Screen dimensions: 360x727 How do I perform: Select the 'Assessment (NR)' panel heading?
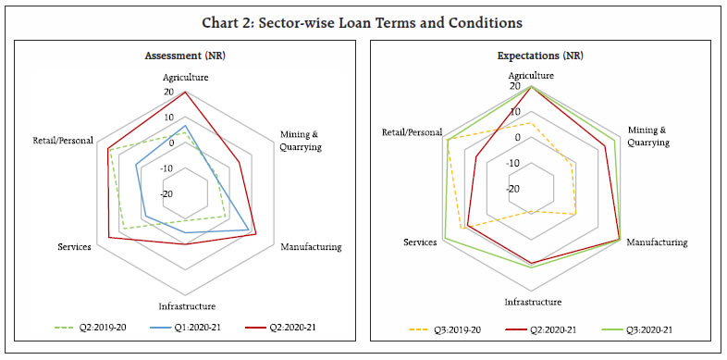tap(186, 56)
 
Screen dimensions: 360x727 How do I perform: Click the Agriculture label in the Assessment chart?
tap(186, 78)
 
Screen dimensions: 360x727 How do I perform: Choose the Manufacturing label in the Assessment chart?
tap(311, 247)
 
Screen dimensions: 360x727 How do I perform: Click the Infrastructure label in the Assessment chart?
tap(186, 306)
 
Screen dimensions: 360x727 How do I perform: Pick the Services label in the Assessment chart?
tap(74, 247)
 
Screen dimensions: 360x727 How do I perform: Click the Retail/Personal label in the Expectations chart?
tap(412, 132)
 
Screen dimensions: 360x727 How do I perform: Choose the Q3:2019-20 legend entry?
tap(440, 329)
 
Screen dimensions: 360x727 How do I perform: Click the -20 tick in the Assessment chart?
tap(166, 194)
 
